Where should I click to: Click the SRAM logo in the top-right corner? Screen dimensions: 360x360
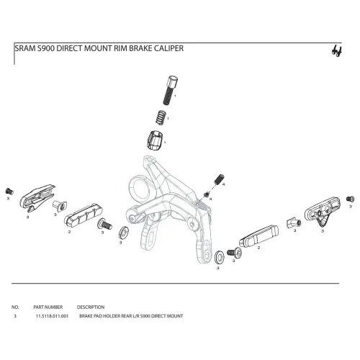[x=335, y=50]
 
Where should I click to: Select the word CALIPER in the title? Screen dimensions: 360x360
[x=168, y=50]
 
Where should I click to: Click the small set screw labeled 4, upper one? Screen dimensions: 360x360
[x=219, y=177]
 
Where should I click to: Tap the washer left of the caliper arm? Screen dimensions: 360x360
[x=122, y=232]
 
